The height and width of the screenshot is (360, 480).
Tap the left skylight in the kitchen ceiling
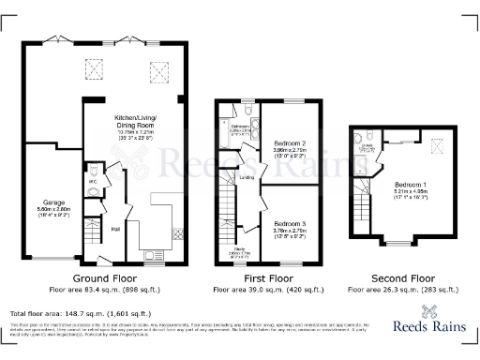pos(94,69)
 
